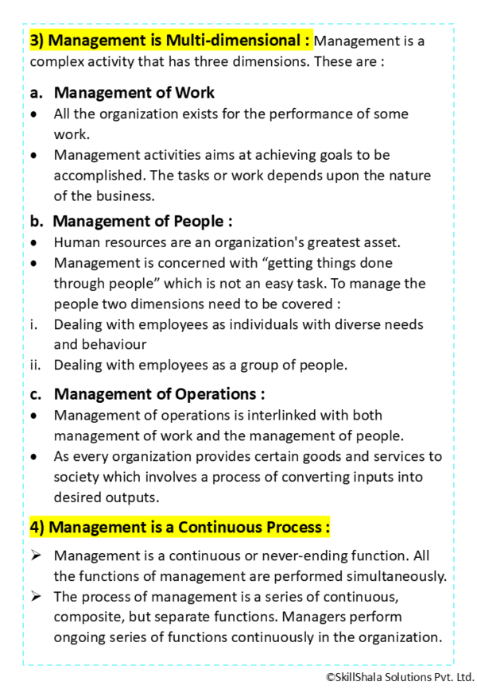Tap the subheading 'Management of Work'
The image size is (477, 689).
134,93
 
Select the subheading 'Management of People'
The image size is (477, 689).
142,222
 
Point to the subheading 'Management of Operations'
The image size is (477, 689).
159,393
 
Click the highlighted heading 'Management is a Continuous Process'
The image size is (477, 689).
180,527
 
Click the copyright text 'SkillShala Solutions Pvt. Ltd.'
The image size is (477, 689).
399,677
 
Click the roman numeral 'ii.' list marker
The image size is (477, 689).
35,366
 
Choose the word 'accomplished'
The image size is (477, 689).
95,175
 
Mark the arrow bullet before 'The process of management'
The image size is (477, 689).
36,596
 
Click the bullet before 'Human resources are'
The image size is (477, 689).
33,242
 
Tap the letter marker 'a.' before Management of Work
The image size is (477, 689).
37,93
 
